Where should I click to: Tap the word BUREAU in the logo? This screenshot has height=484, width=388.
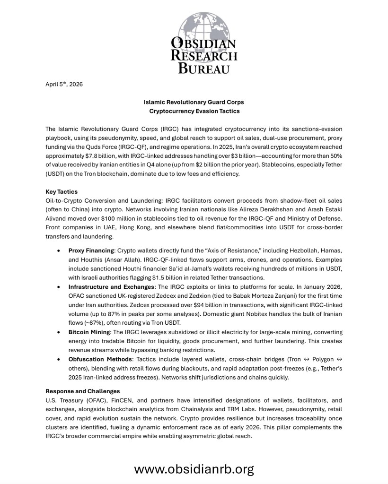click(x=203, y=69)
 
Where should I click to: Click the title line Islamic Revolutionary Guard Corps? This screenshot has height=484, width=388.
click(x=194, y=102)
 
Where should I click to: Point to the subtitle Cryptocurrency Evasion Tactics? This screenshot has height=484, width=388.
click(x=194, y=111)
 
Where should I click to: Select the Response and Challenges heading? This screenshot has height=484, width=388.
click(x=82, y=391)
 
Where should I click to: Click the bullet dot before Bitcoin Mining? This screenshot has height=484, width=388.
click(x=58, y=333)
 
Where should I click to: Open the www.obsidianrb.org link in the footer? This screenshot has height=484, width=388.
click(x=194, y=469)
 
